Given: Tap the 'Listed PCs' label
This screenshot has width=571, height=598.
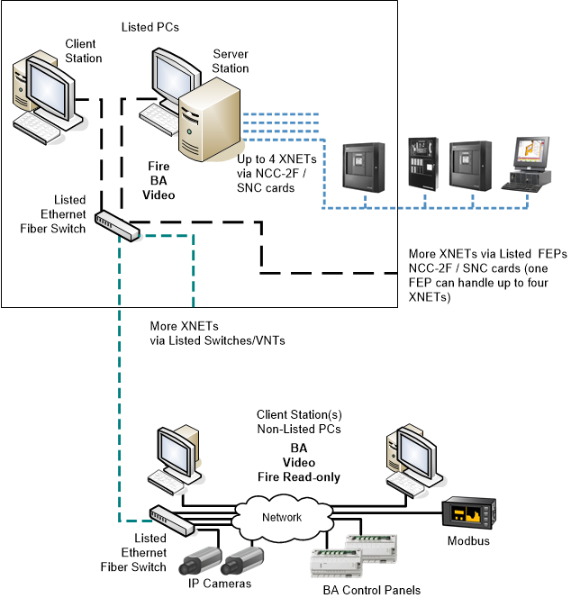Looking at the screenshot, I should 150,27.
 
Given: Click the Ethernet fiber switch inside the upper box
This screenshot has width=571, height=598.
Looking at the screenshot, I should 118,226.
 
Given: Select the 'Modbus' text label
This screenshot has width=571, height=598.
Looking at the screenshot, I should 469,541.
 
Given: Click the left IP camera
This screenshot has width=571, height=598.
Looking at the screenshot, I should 200,561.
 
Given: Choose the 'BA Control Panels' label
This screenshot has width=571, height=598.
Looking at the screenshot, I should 371,590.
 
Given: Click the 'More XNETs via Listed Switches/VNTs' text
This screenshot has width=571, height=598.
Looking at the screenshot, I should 195,333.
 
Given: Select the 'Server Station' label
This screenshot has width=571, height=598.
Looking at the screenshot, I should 231,61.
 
